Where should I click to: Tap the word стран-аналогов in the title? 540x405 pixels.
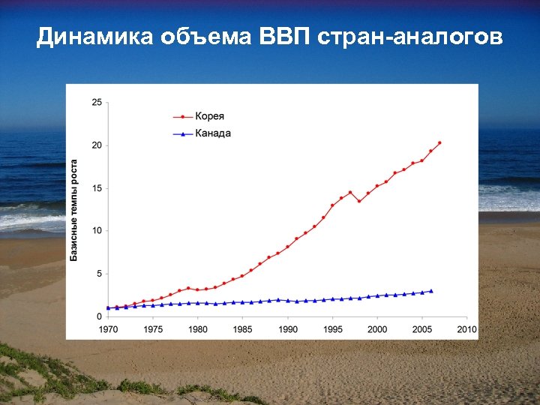tap(411, 37)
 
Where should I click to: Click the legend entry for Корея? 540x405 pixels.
tap(209, 116)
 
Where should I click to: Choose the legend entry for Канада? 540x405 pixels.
tap(212, 133)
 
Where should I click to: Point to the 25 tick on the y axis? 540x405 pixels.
tap(97, 103)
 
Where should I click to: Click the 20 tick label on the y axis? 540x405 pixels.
tap(97, 145)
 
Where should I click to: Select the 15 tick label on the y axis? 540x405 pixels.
tap(97, 188)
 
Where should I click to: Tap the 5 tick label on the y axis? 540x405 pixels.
tap(99, 274)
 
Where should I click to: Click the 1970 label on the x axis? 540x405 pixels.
tap(108, 328)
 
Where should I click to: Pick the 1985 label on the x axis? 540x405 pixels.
tap(242, 328)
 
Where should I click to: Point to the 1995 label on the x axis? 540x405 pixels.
tap(332, 328)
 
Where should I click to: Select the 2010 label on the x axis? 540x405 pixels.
tap(466, 328)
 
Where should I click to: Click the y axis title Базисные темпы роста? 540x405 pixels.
tap(74, 210)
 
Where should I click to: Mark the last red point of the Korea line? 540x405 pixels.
tap(439, 142)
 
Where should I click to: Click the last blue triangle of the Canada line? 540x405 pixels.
tap(430, 291)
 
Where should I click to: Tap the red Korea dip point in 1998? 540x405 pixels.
tap(359, 201)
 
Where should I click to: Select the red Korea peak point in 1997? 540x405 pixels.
tap(350, 192)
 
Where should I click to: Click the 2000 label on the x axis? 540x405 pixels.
tap(377, 328)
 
